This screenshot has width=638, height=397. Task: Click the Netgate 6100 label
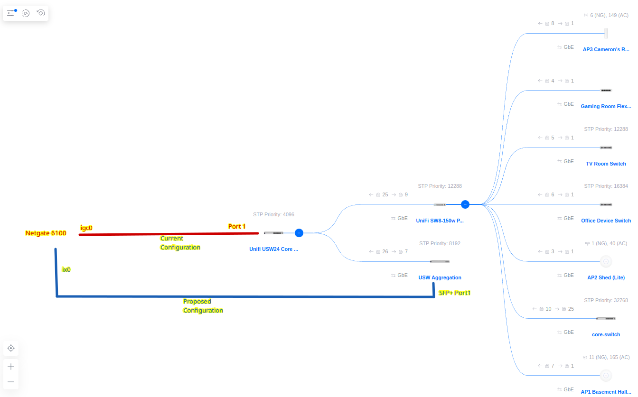[46, 233]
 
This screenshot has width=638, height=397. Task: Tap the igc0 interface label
[86, 228]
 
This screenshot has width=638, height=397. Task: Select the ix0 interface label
[66, 269]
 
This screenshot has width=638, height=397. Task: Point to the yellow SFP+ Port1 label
[455, 293]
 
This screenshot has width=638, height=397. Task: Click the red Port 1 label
[237, 227]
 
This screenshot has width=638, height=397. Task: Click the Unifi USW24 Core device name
[273, 249]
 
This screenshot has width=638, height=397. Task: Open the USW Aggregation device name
[440, 277]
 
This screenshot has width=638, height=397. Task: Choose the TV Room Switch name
[606, 164]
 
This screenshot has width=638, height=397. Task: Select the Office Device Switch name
[606, 221]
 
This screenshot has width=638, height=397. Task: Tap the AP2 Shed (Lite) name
[606, 277]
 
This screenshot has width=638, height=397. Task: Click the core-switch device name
[606, 334]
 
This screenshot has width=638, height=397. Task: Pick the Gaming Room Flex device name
[606, 106]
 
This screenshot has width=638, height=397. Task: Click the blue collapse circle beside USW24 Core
[299, 233]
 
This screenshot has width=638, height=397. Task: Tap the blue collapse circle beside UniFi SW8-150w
[465, 204]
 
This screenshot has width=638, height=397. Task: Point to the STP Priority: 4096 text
[273, 214]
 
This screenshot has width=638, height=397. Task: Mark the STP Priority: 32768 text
[606, 300]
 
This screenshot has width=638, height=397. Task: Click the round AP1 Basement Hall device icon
[606, 376]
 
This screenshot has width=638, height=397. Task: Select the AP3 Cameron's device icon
[606, 33]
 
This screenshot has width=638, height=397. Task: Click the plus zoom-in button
[11, 367]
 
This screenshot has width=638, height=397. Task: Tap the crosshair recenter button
[11, 348]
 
